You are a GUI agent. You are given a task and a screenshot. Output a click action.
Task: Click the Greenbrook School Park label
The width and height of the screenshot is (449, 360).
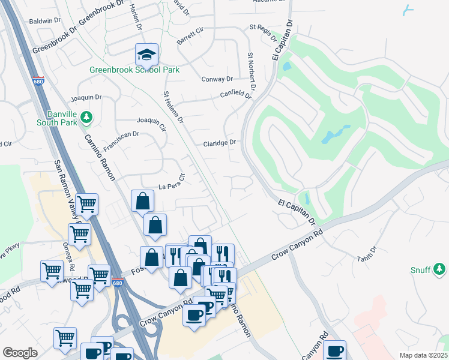pyautogui.click(x=134, y=70)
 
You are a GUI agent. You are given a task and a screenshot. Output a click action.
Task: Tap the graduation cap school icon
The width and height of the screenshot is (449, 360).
pyautogui.click(x=146, y=55)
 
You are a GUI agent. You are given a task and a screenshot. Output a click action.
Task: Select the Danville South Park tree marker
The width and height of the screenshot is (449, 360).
pyautogui.click(x=86, y=118)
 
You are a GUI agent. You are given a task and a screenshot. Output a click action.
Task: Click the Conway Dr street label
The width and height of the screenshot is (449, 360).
pyautogui.click(x=217, y=79)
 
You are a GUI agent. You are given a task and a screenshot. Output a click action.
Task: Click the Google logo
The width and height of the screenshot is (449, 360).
pyautogui.click(x=20, y=352)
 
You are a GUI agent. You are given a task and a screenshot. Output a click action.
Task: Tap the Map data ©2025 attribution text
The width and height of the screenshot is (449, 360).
pyautogui.click(x=423, y=355)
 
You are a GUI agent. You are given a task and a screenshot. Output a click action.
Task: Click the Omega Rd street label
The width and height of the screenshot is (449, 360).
pyautogui.click(x=71, y=259)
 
